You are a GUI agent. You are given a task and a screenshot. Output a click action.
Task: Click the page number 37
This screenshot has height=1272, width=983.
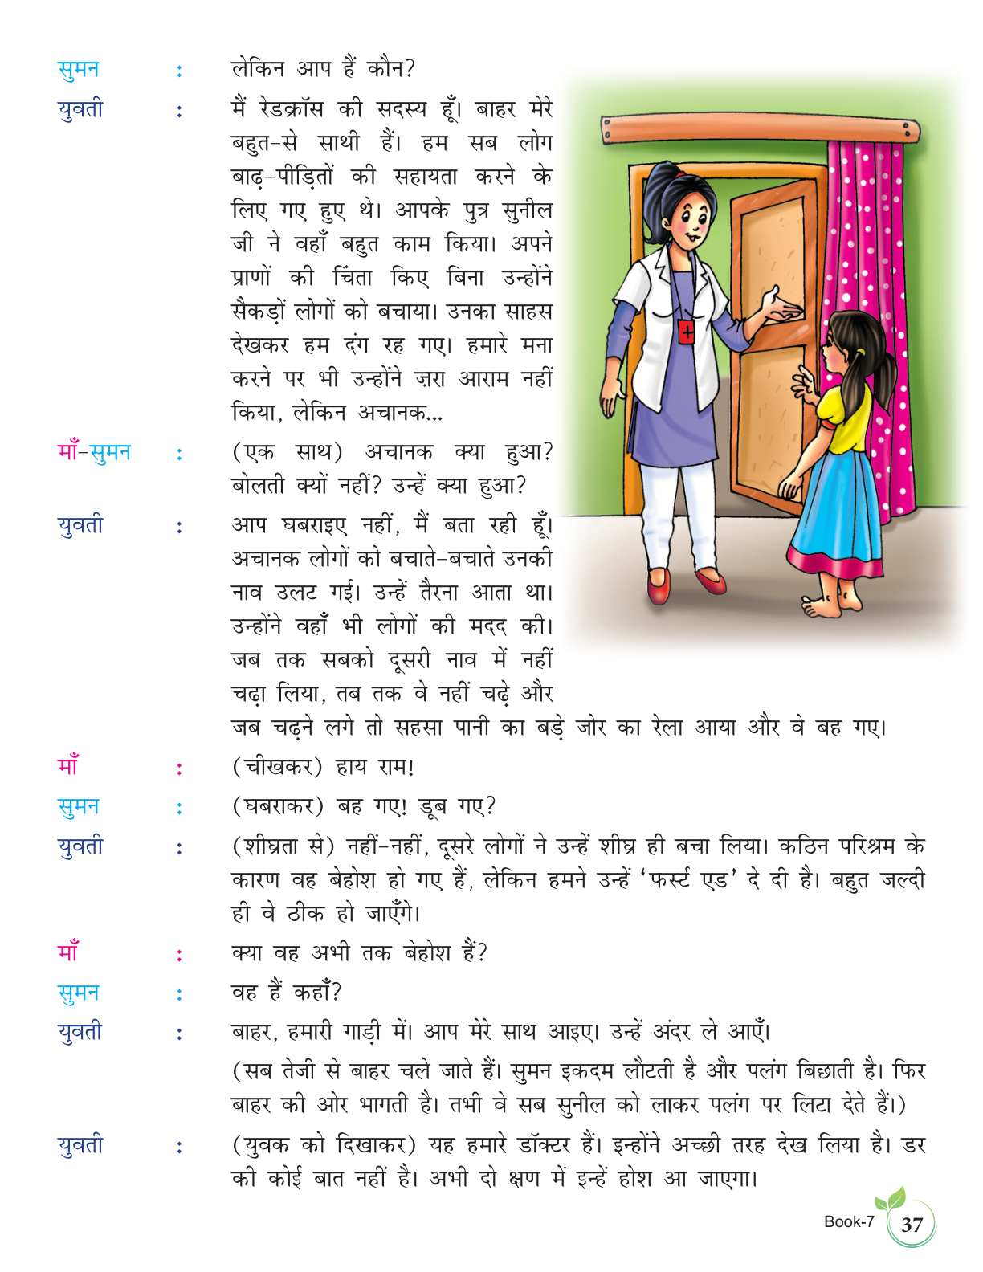click(x=912, y=1225)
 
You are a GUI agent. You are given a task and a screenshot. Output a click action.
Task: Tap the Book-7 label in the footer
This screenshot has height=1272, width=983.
click(x=849, y=1222)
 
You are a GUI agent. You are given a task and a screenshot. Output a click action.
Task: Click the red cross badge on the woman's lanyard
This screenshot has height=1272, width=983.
click(x=687, y=332)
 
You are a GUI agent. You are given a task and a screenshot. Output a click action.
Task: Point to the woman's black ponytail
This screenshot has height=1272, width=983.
click(x=659, y=201)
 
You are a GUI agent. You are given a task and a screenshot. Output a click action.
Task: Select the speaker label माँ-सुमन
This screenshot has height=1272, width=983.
click(x=94, y=453)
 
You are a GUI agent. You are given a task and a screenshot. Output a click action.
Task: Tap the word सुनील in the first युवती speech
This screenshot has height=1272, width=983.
click(x=527, y=210)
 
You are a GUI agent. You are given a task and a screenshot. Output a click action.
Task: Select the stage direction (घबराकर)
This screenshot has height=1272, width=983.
click(x=278, y=807)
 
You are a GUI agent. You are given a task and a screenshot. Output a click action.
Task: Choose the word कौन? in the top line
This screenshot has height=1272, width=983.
click(x=391, y=70)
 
